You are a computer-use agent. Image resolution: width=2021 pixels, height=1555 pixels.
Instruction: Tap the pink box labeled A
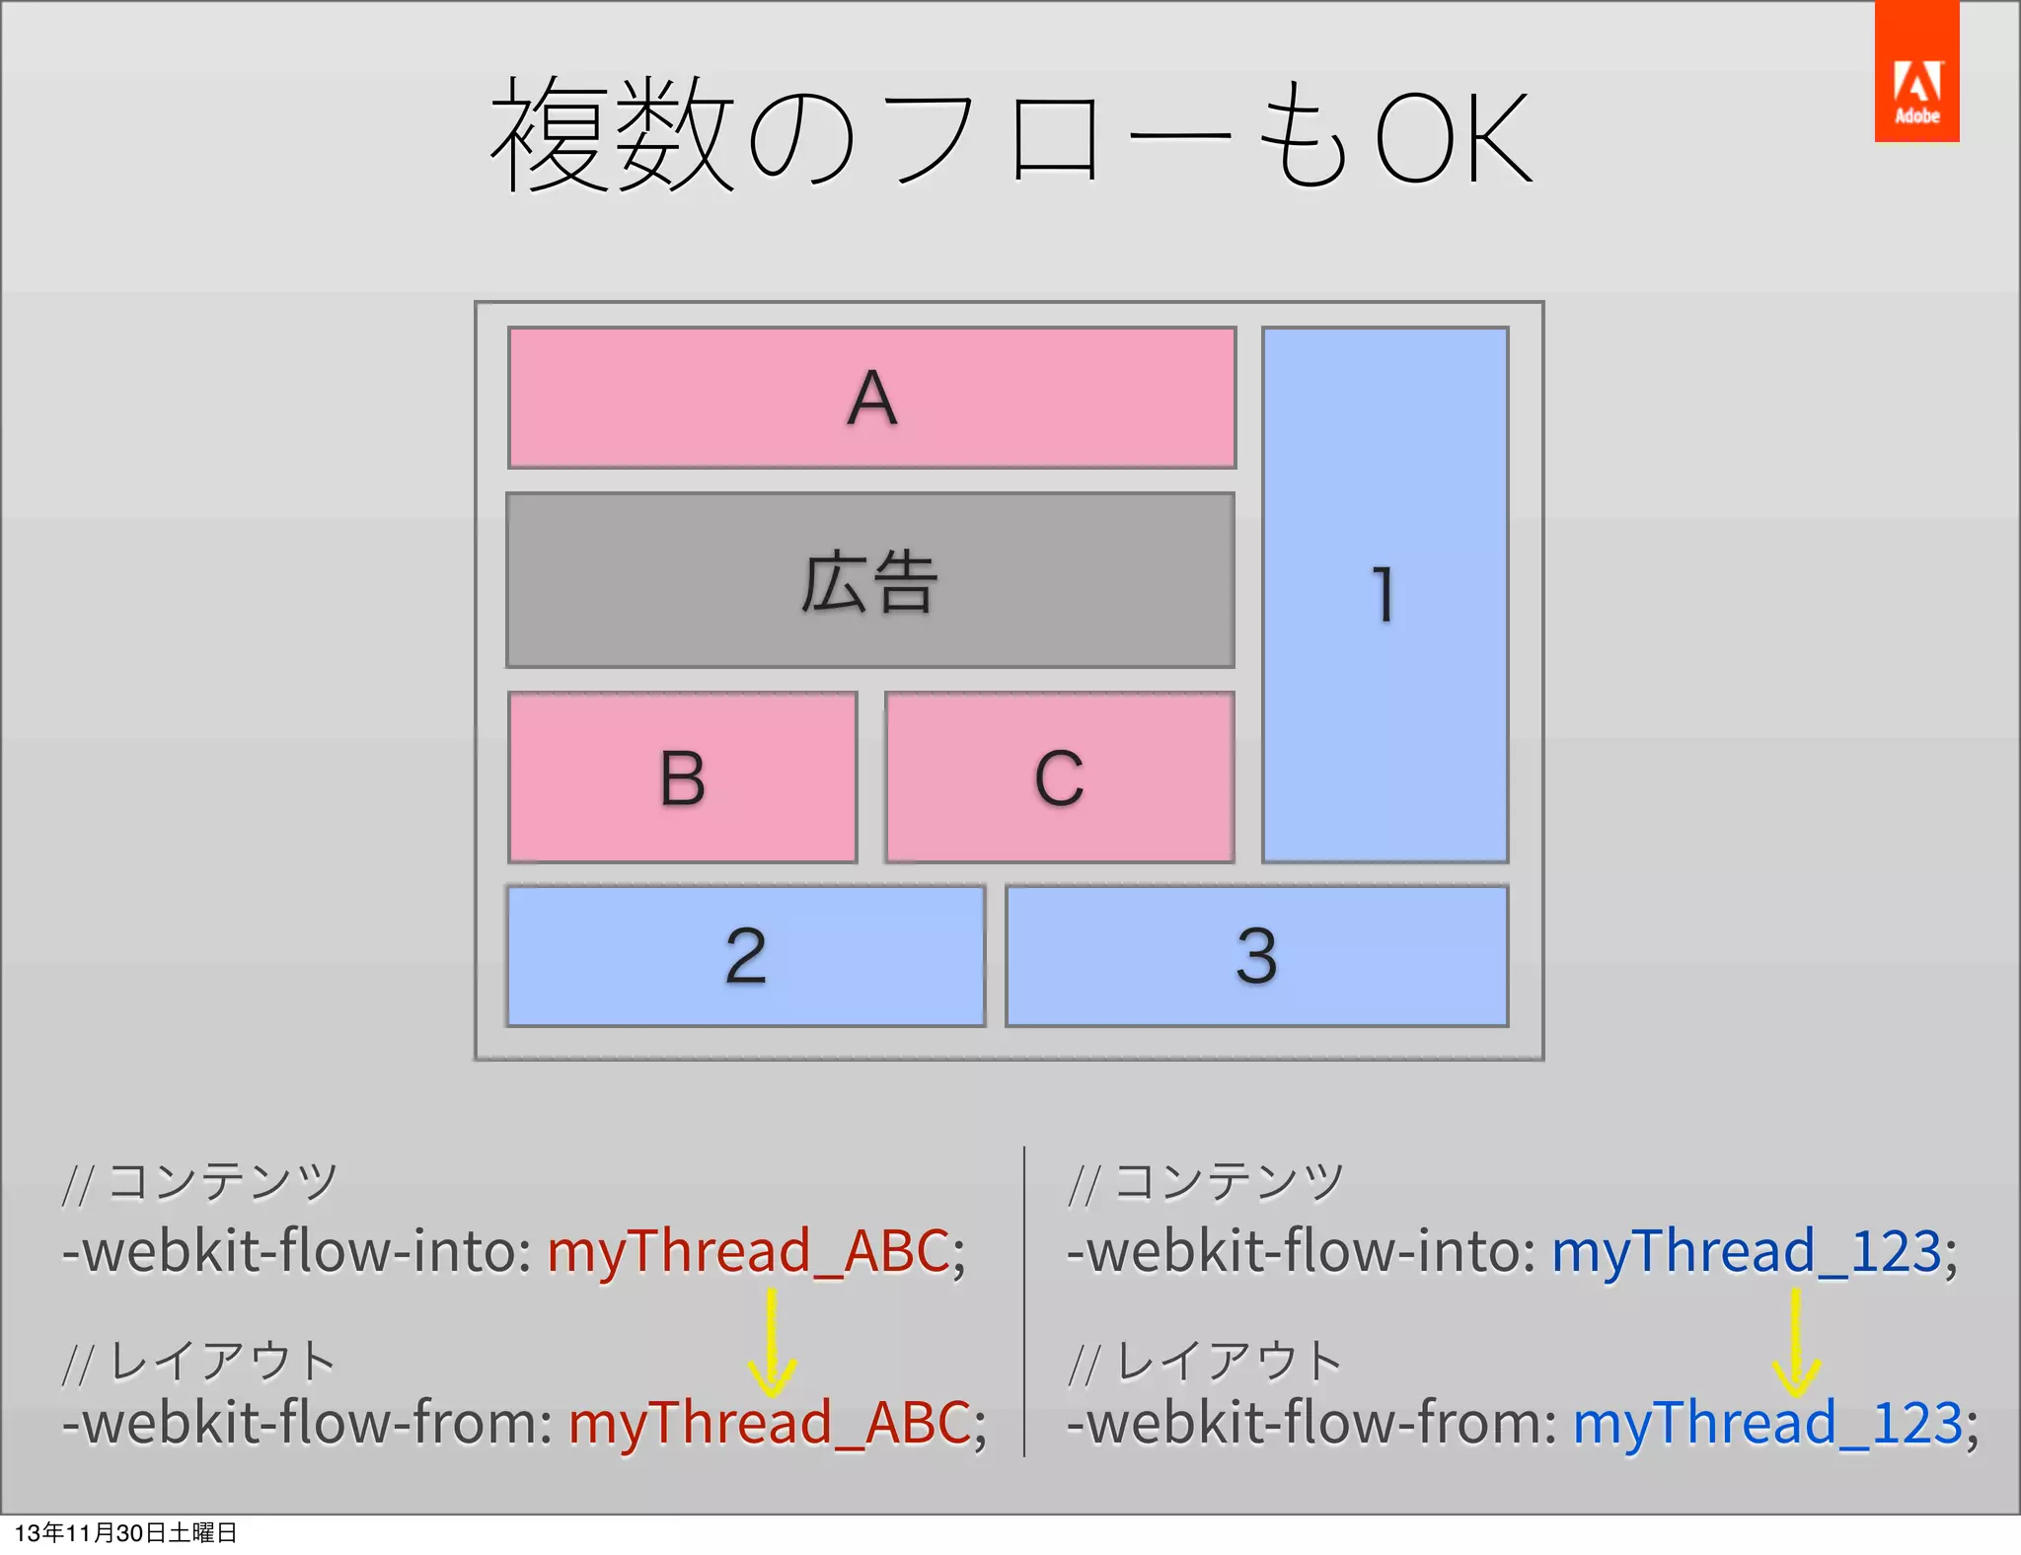(x=871, y=398)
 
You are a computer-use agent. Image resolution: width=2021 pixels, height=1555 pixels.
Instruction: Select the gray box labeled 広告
(x=869, y=580)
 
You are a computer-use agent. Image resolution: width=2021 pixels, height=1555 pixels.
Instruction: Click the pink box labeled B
(x=682, y=777)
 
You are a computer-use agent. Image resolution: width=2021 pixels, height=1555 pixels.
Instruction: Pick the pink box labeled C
(x=1059, y=777)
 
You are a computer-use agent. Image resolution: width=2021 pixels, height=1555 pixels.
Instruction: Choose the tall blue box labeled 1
(x=1385, y=595)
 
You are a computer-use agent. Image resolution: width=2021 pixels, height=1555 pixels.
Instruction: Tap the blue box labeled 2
(x=745, y=955)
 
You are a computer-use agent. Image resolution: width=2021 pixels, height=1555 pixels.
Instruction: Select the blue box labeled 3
(x=1256, y=955)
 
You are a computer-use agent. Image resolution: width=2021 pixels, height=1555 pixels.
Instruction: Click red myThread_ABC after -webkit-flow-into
(x=748, y=1251)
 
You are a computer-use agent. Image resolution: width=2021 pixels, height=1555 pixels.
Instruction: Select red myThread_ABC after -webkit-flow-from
(x=769, y=1423)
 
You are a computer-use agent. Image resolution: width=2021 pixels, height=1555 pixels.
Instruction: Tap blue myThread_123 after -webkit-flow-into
(x=1746, y=1251)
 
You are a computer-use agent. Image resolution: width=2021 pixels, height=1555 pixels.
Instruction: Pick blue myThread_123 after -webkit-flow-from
(x=1766, y=1423)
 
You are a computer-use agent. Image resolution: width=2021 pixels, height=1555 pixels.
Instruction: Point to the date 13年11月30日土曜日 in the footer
(x=126, y=1532)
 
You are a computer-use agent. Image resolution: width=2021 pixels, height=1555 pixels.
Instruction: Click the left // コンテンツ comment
(x=200, y=1182)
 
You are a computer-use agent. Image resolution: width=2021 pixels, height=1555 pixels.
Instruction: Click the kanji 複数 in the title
(x=612, y=135)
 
